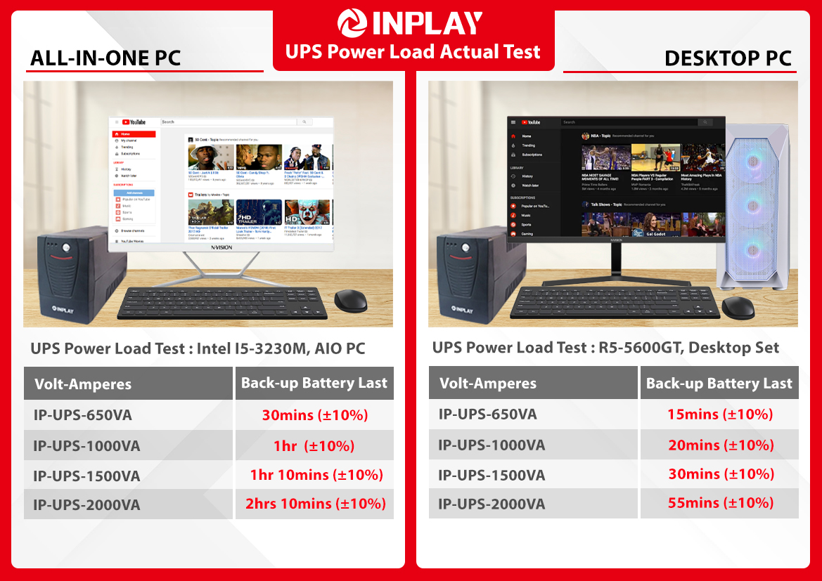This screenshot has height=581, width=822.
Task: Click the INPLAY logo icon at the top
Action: pyautogui.click(x=352, y=23)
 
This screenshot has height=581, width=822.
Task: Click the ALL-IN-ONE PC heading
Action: pyautogui.click(x=105, y=58)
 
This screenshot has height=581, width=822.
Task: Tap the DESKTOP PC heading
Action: pyautogui.click(x=728, y=58)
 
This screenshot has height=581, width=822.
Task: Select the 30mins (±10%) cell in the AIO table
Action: pyautogui.click(x=315, y=415)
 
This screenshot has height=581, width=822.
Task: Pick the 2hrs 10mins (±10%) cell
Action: pyautogui.click(x=315, y=504)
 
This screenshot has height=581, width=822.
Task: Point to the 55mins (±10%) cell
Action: pyautogui.click(x=720, y=503)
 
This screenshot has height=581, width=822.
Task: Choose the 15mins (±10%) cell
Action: pyautogui.click(x=720, y=414)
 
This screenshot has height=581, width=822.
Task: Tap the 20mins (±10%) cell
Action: pyautogui.click(x=720, y=445)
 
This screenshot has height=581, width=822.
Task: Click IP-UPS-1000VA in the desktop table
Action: pyautogui.click(x=492, y=445)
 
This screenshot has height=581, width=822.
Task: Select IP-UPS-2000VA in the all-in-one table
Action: pyautogui.click(x=86, y=504)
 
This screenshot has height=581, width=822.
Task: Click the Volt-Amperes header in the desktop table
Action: pyautogui.click(x=488, y=384)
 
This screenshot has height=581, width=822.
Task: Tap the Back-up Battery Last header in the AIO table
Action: pyautogui.click(x=314, y=383)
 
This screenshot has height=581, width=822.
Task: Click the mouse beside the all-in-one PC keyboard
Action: pyautogui.click(x=350, y=301)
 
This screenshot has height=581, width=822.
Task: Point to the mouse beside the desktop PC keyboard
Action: pyautogui.click(x=738, y=306)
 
